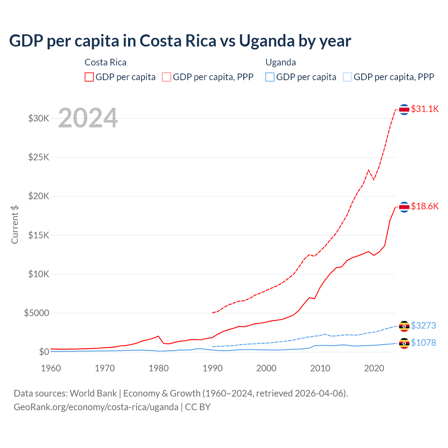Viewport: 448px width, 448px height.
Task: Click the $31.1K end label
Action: tap(425, 109)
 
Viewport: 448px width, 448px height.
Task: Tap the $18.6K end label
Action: tap(425, 206)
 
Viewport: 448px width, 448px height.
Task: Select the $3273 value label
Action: tap(423, 326)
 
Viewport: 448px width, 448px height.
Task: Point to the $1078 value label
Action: tap(423, 343)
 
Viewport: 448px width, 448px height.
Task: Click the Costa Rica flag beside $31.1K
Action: tap(404, 110)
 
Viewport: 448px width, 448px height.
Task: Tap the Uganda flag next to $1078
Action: tap(404, 343)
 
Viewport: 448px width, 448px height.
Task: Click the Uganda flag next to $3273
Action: tap(404, 326)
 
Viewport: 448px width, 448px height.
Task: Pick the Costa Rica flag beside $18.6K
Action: tap(404, 207)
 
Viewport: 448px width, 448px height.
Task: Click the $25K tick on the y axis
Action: tap(39, 157)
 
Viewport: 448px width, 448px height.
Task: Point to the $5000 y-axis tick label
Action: tap(37, 313)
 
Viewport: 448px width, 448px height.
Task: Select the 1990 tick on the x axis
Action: tap(212, 368)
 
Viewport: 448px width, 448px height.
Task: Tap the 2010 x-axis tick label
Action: tap(320, 368)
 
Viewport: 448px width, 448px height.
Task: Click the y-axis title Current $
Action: tap(15, 225)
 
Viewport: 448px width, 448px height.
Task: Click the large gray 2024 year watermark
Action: tap(88, 118)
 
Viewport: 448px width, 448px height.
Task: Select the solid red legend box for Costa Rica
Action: tap(89, 77)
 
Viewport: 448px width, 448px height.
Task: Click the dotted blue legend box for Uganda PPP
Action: tap(348, 77)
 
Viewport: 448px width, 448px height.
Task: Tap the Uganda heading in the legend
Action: tap(281, 62)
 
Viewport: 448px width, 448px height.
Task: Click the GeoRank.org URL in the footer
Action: tap(96, 407)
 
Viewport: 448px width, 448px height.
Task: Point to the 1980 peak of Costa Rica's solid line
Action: tap(159, 336)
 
